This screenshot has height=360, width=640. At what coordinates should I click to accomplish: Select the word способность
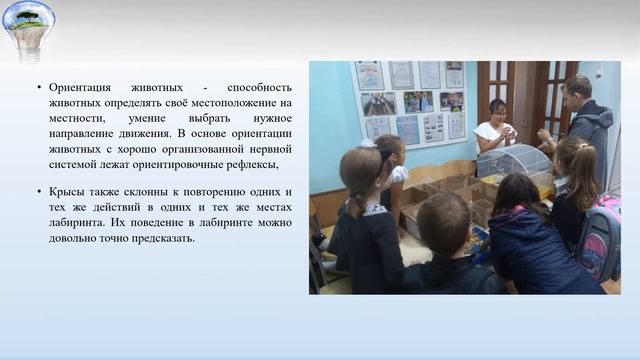click(258, 87)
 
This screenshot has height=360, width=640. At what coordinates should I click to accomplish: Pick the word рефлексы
click(245, 164)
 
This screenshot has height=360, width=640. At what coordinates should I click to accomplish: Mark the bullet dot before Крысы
click(38, 191)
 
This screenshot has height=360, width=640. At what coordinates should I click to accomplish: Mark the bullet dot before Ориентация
click(38, 87)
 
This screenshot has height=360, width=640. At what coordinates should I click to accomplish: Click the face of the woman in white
click(498, 110)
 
